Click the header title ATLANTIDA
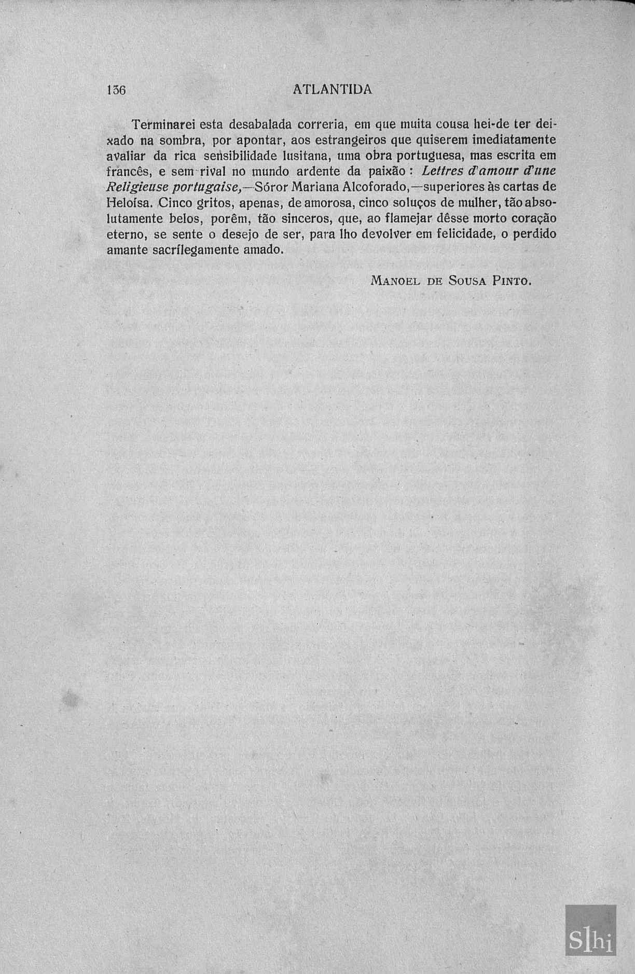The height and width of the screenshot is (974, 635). point(332,89)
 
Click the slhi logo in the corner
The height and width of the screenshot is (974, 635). point(590,931)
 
